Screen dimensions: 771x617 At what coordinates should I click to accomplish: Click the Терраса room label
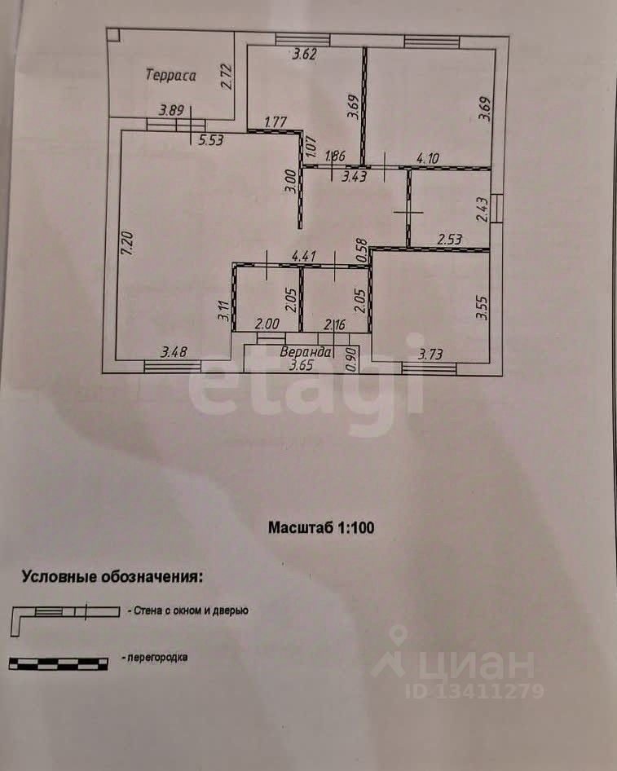(x=171, y=76)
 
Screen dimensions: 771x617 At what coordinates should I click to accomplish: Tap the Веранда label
(x=306, y=352)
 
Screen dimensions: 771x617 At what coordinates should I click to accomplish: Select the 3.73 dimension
(x=431, y=353)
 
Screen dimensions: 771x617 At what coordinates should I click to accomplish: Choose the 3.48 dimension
(x=174, y=352)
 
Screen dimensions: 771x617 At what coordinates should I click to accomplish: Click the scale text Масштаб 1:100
(x=321, y=527)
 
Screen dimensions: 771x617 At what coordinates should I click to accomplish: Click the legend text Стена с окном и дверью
(x=187, y=610)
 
